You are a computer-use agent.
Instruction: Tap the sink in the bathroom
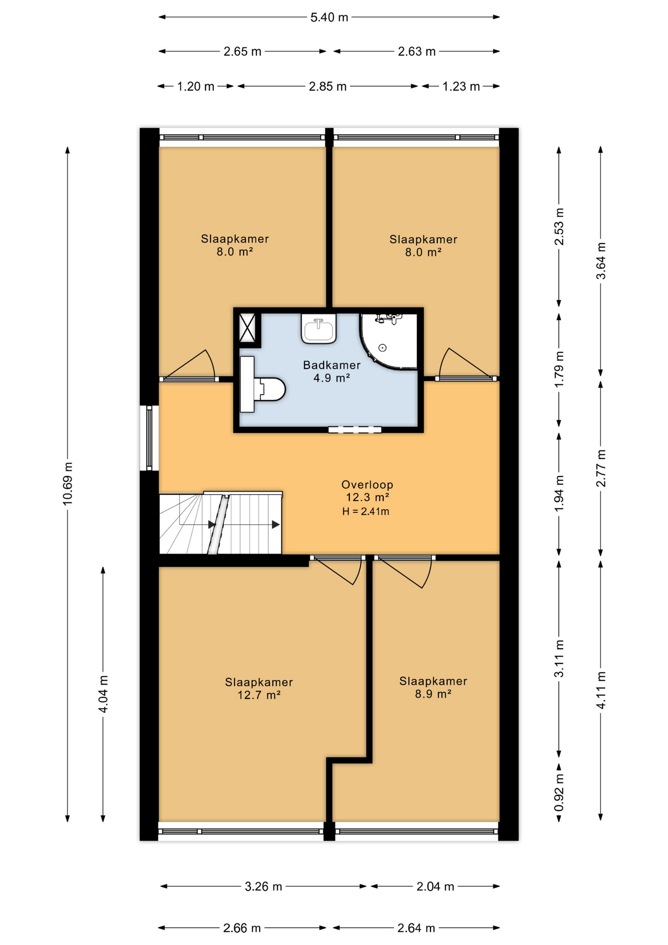(319, 328)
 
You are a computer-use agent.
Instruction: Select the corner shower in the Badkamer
(389, 341)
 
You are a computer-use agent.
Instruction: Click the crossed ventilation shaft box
(247, 327)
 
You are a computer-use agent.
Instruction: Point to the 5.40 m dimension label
(329, 17)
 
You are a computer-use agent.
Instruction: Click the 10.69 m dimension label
(67, 483)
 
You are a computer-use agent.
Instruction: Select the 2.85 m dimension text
(328, 87)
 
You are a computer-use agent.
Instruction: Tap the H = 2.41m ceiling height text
(365, 511)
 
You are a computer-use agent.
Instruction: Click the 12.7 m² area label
(259, 695)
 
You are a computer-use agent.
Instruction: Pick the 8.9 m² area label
(433, 694)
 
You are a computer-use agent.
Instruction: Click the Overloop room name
(367, 485)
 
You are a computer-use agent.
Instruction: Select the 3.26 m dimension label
(264, 886)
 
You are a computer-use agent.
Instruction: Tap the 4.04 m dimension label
(103, 694)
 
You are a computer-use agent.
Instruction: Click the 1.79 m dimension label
(559, 369)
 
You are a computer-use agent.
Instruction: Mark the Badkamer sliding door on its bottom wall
(355, 430)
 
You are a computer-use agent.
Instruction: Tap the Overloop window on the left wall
(149, 438)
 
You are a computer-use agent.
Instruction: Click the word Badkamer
(332, 365)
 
